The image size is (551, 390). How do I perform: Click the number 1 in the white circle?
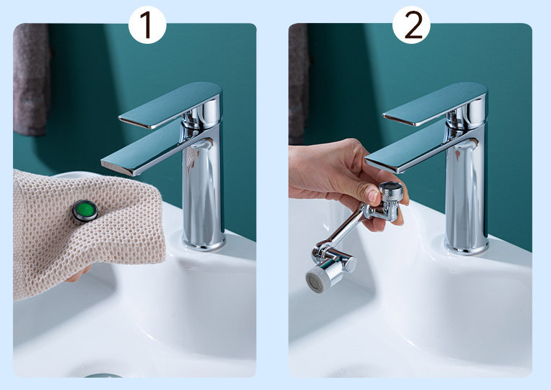click(x=148, y=24)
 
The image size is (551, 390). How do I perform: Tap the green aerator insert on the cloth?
click(x=85, y=210)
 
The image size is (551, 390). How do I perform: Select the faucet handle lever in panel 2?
click(x=435, y=103)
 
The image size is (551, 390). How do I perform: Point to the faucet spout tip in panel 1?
click(x=116, y=167)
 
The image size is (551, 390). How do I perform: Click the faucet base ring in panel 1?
click(x=204, y=244)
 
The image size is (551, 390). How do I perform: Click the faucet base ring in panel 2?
click(x=466, y=248)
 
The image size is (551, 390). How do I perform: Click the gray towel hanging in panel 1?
click(x=31, y=80)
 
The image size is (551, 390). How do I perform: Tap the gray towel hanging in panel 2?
click(x=298, y=83)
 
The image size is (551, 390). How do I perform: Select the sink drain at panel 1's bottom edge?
click(x=103, y=376)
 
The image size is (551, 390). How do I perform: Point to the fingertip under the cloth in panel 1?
click(x=78, y=274)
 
